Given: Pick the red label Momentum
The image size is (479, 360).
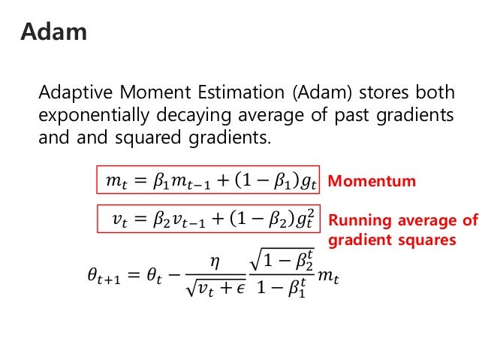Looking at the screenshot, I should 372,181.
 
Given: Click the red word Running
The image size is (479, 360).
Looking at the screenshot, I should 359,221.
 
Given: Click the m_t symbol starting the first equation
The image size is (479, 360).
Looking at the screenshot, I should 113,182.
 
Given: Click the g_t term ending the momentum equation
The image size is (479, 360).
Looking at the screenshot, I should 308,183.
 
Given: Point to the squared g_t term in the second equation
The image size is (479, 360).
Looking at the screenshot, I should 306,220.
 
